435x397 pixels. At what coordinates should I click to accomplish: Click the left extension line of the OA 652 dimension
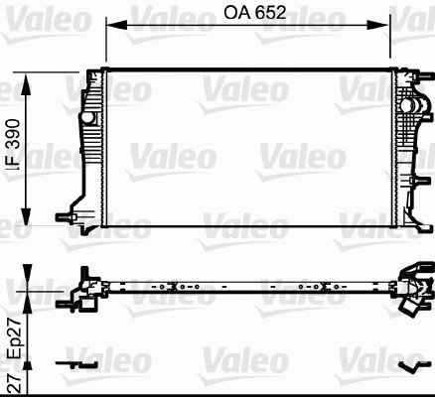coord(106,45)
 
